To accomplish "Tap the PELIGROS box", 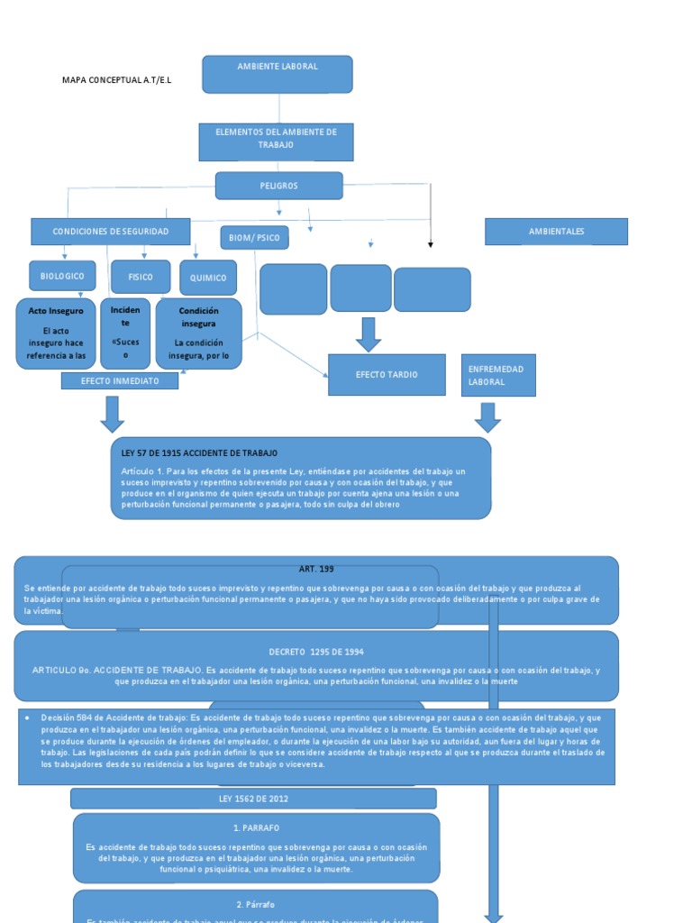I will coord(278,186).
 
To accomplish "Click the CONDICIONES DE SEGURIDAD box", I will coord(111,232).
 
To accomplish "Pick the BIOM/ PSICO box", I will coord(254,238).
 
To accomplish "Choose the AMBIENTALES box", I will coord(556,232).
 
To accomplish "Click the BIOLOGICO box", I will coord(61,276).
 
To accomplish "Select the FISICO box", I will coord(141,277).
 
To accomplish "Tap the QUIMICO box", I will coord(208,278).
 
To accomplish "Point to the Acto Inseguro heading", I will coord(56,311).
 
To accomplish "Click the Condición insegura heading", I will coord(198,316).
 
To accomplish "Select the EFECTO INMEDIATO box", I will coord(120,381).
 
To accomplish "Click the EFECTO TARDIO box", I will coord(387,374).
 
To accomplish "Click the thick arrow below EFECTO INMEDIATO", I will coord(113,414).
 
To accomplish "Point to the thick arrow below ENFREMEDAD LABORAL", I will coord(487,417).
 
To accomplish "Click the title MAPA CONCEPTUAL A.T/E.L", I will coord(116,80).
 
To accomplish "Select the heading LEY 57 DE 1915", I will coord(199,452).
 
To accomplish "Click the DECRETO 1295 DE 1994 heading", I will coord(315,652).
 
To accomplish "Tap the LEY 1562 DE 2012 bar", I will coord(253,799).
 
